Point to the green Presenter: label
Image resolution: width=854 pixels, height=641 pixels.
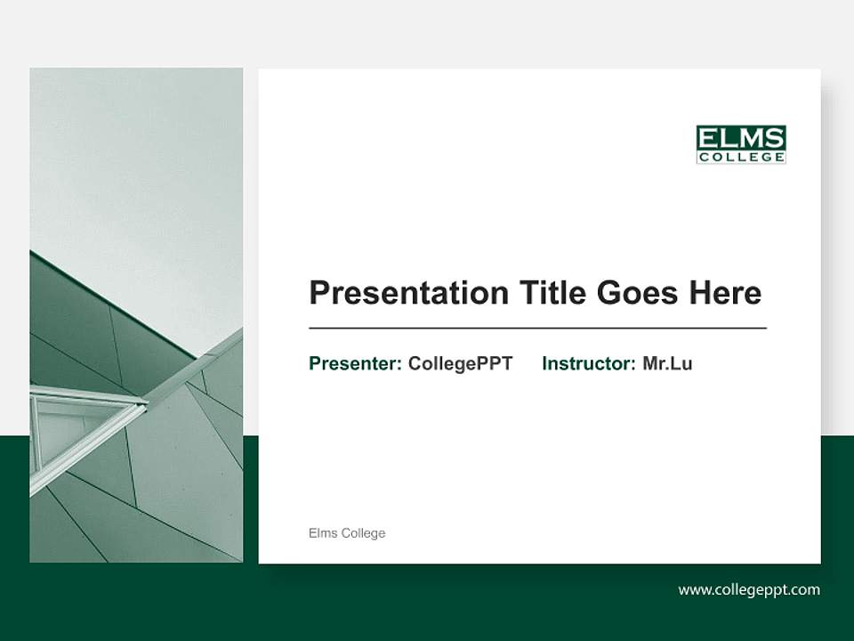(x=355, y=363)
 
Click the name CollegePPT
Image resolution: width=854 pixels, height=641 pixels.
(x=460, y=363)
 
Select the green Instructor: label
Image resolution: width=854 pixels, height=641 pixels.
(x=589, y=363)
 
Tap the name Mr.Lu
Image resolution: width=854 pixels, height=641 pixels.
(x=667, y=363)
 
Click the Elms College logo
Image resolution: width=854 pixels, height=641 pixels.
(x=740, y=144)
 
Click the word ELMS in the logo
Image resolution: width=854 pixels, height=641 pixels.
(x=740, y=138)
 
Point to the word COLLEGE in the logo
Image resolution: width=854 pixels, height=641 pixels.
(x=740, y=158)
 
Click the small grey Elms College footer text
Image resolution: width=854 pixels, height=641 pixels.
(x=347, y=533)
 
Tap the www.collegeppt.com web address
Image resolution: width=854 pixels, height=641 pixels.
(x=749, y=589)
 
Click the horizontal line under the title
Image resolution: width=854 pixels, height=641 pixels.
(x=537, y=329)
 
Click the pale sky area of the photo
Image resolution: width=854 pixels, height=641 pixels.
(x=133, y=160)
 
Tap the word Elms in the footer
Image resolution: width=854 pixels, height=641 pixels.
(x=323, y=533)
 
